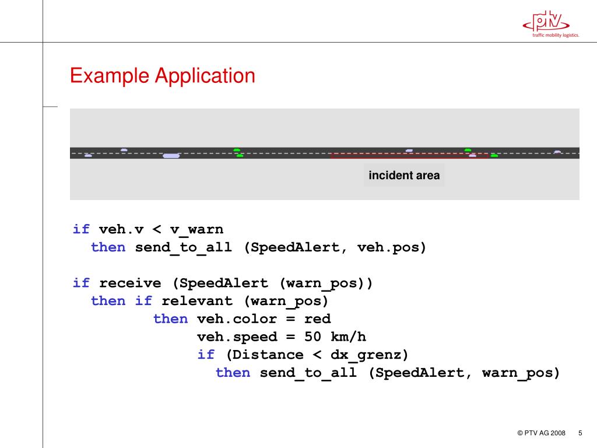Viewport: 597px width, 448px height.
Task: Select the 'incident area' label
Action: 404,176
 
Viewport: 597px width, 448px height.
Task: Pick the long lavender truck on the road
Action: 171,156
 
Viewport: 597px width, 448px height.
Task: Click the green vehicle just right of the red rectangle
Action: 494,156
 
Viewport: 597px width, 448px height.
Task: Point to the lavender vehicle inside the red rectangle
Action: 472,156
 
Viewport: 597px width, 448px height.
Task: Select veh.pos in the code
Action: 392,247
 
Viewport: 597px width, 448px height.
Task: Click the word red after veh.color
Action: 317,319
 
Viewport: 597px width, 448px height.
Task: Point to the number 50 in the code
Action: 312,337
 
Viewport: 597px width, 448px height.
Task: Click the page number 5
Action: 580,433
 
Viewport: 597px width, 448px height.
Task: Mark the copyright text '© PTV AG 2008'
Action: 541,433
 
